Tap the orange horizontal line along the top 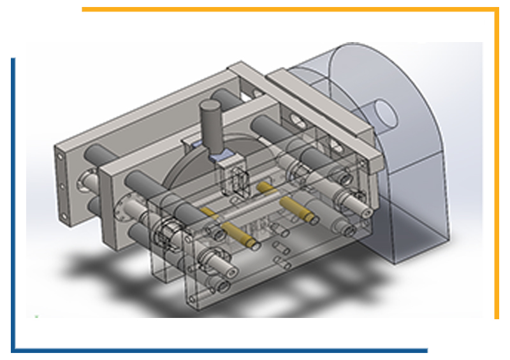[x=287, y=10]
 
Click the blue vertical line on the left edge [x=13, y=204]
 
